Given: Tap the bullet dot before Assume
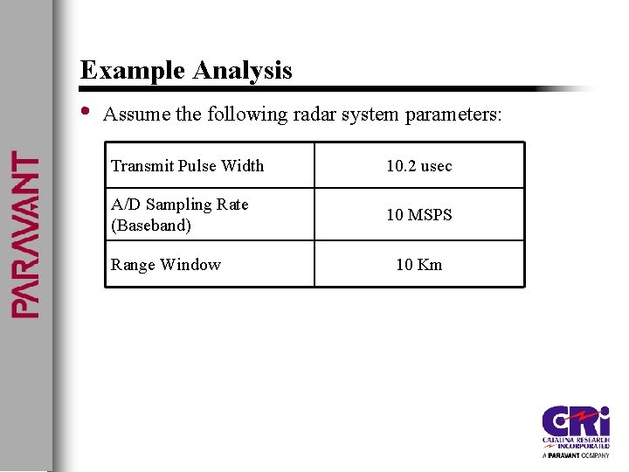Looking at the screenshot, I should pos(85,111).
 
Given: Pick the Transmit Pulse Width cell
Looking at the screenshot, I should pos(187,166).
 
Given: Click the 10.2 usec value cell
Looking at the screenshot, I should pos(419,166).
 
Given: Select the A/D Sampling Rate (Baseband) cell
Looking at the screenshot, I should pos(180,215).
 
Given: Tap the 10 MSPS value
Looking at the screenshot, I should pos(419,215).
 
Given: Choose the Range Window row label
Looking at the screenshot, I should pos(166,265).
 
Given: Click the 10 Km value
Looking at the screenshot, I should pos(419,265).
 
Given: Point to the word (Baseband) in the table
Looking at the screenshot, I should pos(151,226).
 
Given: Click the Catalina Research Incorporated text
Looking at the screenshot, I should pos(577,441).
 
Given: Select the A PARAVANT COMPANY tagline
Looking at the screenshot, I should pos(576,455).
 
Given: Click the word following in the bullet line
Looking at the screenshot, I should pos(248,115).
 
